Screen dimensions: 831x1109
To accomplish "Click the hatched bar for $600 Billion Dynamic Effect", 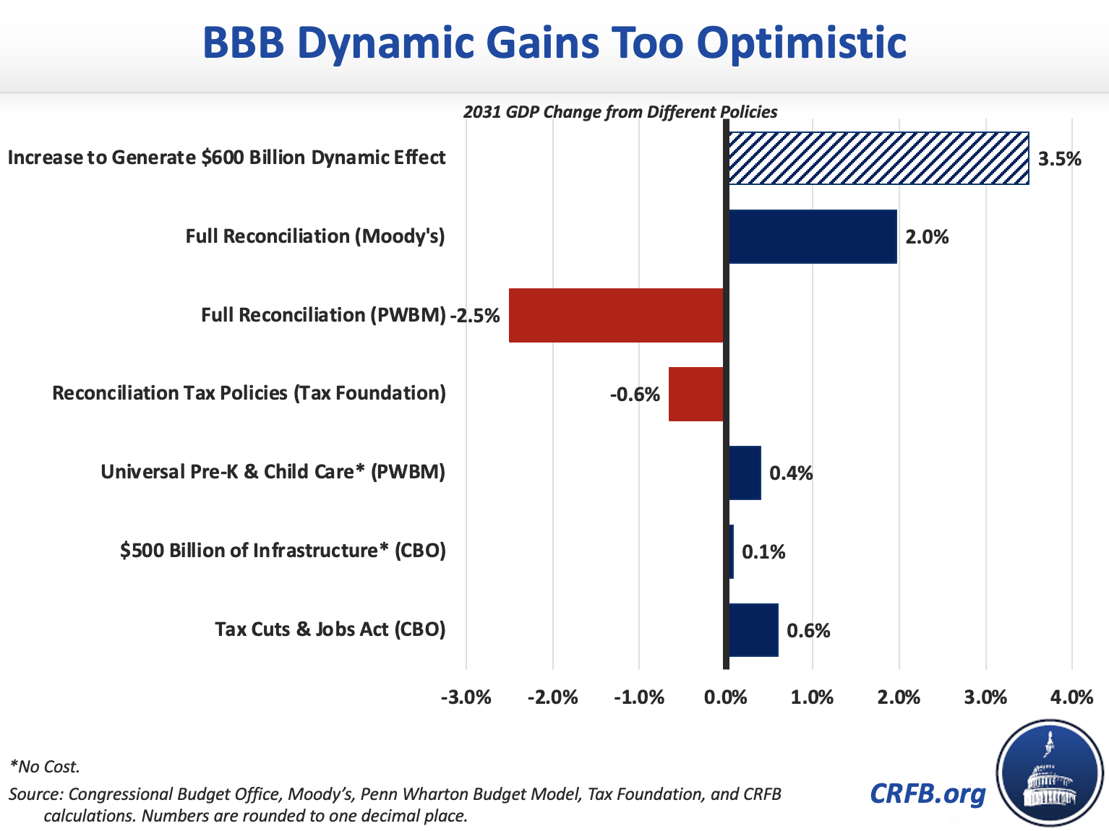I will coord(878,158).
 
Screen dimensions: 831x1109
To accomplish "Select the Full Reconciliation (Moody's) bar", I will coord(812,236).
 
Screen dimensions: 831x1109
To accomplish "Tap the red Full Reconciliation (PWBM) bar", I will coord(616,315).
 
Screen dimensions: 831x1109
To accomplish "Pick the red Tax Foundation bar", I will coord(695,394).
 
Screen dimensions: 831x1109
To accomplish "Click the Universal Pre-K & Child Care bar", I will coord(745,473).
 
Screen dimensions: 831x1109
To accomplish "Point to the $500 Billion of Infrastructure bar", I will coord(731,551).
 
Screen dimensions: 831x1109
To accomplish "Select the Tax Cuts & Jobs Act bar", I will coord(753,630).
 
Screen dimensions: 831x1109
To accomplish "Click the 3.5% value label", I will coord(1059,159).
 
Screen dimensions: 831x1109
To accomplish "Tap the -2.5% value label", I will coord(475,316).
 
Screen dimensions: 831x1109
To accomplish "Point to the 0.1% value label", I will coord(763,553).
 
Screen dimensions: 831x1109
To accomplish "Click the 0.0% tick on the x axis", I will coord(725,697).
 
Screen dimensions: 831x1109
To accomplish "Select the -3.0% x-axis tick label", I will coord(466,697).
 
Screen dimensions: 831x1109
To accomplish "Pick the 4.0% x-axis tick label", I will coord(1071,697).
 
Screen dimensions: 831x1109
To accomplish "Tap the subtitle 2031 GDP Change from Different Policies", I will coord(620,112).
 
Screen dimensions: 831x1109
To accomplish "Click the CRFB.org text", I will coord(928,793).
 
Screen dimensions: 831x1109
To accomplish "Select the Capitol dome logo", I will coord(1050,772).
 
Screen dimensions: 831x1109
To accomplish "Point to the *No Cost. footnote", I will coord(44,767).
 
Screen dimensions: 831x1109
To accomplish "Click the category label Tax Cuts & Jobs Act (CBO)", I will coord(330,629).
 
